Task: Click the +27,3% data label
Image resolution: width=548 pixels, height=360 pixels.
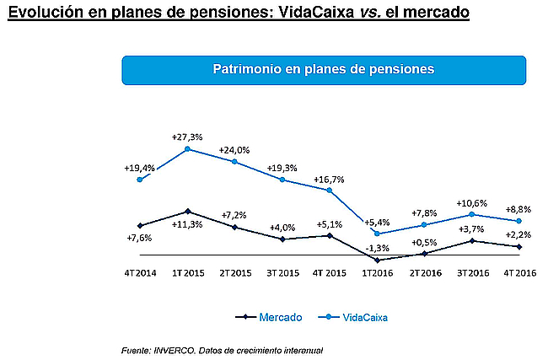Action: tap(187, 137)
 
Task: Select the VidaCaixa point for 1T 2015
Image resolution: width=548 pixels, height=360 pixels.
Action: tap(187, 149)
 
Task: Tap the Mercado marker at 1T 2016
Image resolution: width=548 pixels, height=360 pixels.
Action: tap(378, 260)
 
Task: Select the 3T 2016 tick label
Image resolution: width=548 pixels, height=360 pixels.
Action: tap(473, 273)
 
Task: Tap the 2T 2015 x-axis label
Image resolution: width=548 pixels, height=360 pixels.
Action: tap(235, 273)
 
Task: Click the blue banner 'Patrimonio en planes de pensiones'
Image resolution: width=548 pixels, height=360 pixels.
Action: tap(324, 69)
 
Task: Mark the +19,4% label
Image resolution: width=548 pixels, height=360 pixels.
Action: tap(139, 168)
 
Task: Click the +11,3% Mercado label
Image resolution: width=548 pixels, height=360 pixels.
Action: tap(186, 224)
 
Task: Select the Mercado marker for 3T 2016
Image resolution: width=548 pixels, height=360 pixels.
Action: tap(473, 241)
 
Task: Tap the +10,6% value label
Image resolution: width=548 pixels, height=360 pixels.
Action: tap(473, 203)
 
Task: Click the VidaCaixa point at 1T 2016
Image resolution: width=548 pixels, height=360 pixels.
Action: tap(378, 234)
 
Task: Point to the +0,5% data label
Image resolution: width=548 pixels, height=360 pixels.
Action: tap(425, 243)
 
